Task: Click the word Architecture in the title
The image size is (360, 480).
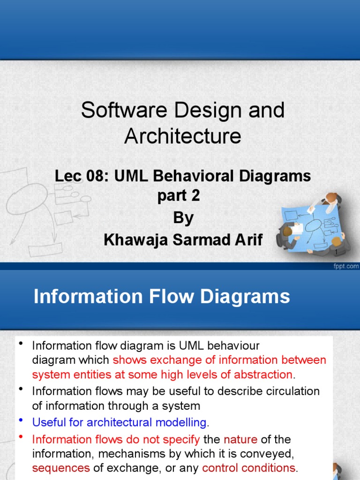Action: [x=183, y=136]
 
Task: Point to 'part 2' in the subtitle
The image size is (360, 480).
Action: [x=179, y=196]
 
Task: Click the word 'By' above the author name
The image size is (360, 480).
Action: [x=183, y=218]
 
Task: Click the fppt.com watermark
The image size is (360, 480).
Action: [x=346, y=266]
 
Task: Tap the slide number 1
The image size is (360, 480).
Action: [x=336, y=253]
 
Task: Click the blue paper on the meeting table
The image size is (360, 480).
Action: [x=312, y=225]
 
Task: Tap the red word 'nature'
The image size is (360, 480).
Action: [x=240, y=439]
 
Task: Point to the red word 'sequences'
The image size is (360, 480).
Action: [x=61, y=468]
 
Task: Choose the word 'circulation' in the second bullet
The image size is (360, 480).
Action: [x=291, y=391]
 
